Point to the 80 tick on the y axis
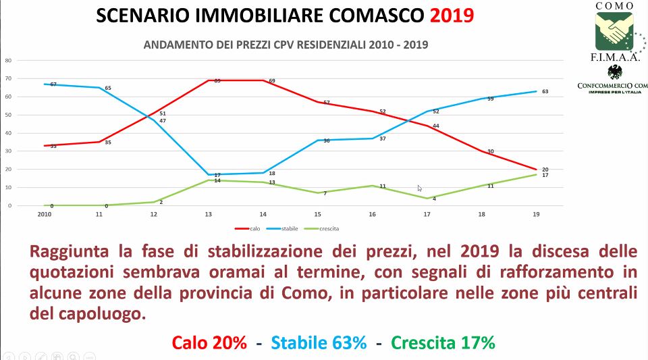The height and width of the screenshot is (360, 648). pyautogui.click(x=9, y=60)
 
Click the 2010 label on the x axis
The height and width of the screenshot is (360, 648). pyautogui.click(x=45, y=214)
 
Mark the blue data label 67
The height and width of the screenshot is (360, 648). pyautogui.click(x=53, y=84)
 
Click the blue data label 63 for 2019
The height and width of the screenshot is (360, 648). pyautogui.click(x=545, y=91)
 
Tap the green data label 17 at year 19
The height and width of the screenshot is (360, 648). pyautogui.click(x=545, y=176)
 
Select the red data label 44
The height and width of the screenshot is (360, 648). pyautogui.click(x=436, y=126)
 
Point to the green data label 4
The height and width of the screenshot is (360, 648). pyautogui.click(x=434, y=199)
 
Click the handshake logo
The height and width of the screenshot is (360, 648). pyautogui.click(x=614, y=31)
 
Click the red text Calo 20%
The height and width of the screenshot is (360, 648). pyautogui.click(x=209, y=342)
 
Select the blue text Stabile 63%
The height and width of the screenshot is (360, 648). pyautogui.click(x=319, y=342)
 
